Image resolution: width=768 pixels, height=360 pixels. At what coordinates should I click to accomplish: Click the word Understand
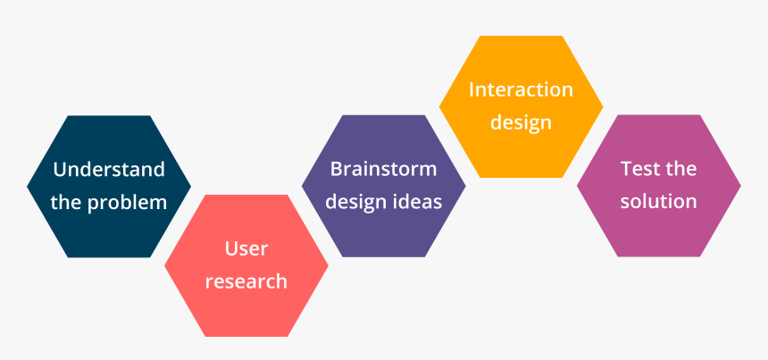click(x=109, y=170)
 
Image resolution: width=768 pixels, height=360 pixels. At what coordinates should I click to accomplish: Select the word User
click(x=246, y=248)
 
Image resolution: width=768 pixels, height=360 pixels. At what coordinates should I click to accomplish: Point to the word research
click(x=246, y=281)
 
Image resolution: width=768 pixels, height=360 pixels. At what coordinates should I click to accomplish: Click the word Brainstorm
click(x=383, y=169)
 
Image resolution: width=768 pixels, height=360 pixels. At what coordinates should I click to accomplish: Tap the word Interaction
click(x=522, y=89)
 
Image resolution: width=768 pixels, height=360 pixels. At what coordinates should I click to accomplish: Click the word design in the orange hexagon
click(x=522, y=123)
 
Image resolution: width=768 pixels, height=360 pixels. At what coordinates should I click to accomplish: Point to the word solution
click(x=658, y=202)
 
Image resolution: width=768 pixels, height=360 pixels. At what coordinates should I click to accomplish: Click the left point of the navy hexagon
click(x=28, y=186)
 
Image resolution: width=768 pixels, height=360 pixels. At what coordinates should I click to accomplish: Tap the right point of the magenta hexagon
click(x=740, y=186)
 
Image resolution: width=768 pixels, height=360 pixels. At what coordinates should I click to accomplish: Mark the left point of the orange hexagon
click(x=439, y=106)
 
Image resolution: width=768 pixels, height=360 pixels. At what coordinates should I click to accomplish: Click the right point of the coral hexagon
click(x=328, y=266)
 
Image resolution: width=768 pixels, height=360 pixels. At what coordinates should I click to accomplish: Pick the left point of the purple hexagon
click(x=302, y=186)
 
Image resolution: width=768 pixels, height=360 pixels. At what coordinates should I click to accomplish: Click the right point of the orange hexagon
click(x=603, y=106)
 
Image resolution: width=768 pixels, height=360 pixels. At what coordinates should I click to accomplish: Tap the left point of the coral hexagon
click(x=164, y=266)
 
